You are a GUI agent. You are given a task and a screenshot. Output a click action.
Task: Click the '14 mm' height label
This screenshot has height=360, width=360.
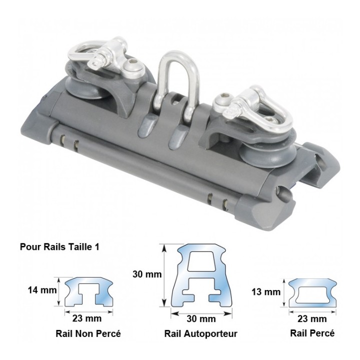(x=42, y=290)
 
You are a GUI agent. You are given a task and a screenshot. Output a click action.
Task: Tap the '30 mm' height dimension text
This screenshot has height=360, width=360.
(x=147, y=274)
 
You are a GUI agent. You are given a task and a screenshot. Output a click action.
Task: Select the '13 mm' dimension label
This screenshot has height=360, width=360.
(x=266, y=292)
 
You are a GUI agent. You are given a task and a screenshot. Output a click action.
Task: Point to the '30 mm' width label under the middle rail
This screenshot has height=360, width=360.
(x=201, y=319)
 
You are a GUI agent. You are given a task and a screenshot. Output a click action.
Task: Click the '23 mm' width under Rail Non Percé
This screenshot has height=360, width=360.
(x=87, y=318)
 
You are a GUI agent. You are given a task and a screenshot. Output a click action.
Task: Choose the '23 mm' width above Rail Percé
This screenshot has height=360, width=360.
(x=312, y=319)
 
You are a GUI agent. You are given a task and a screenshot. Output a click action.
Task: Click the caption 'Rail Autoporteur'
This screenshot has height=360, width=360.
(x=200, y=334)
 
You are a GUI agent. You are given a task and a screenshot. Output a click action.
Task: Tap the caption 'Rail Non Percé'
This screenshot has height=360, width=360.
(x=88, y=333)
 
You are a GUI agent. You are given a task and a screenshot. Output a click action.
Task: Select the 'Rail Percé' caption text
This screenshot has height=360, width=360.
(x=312, y=333)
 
